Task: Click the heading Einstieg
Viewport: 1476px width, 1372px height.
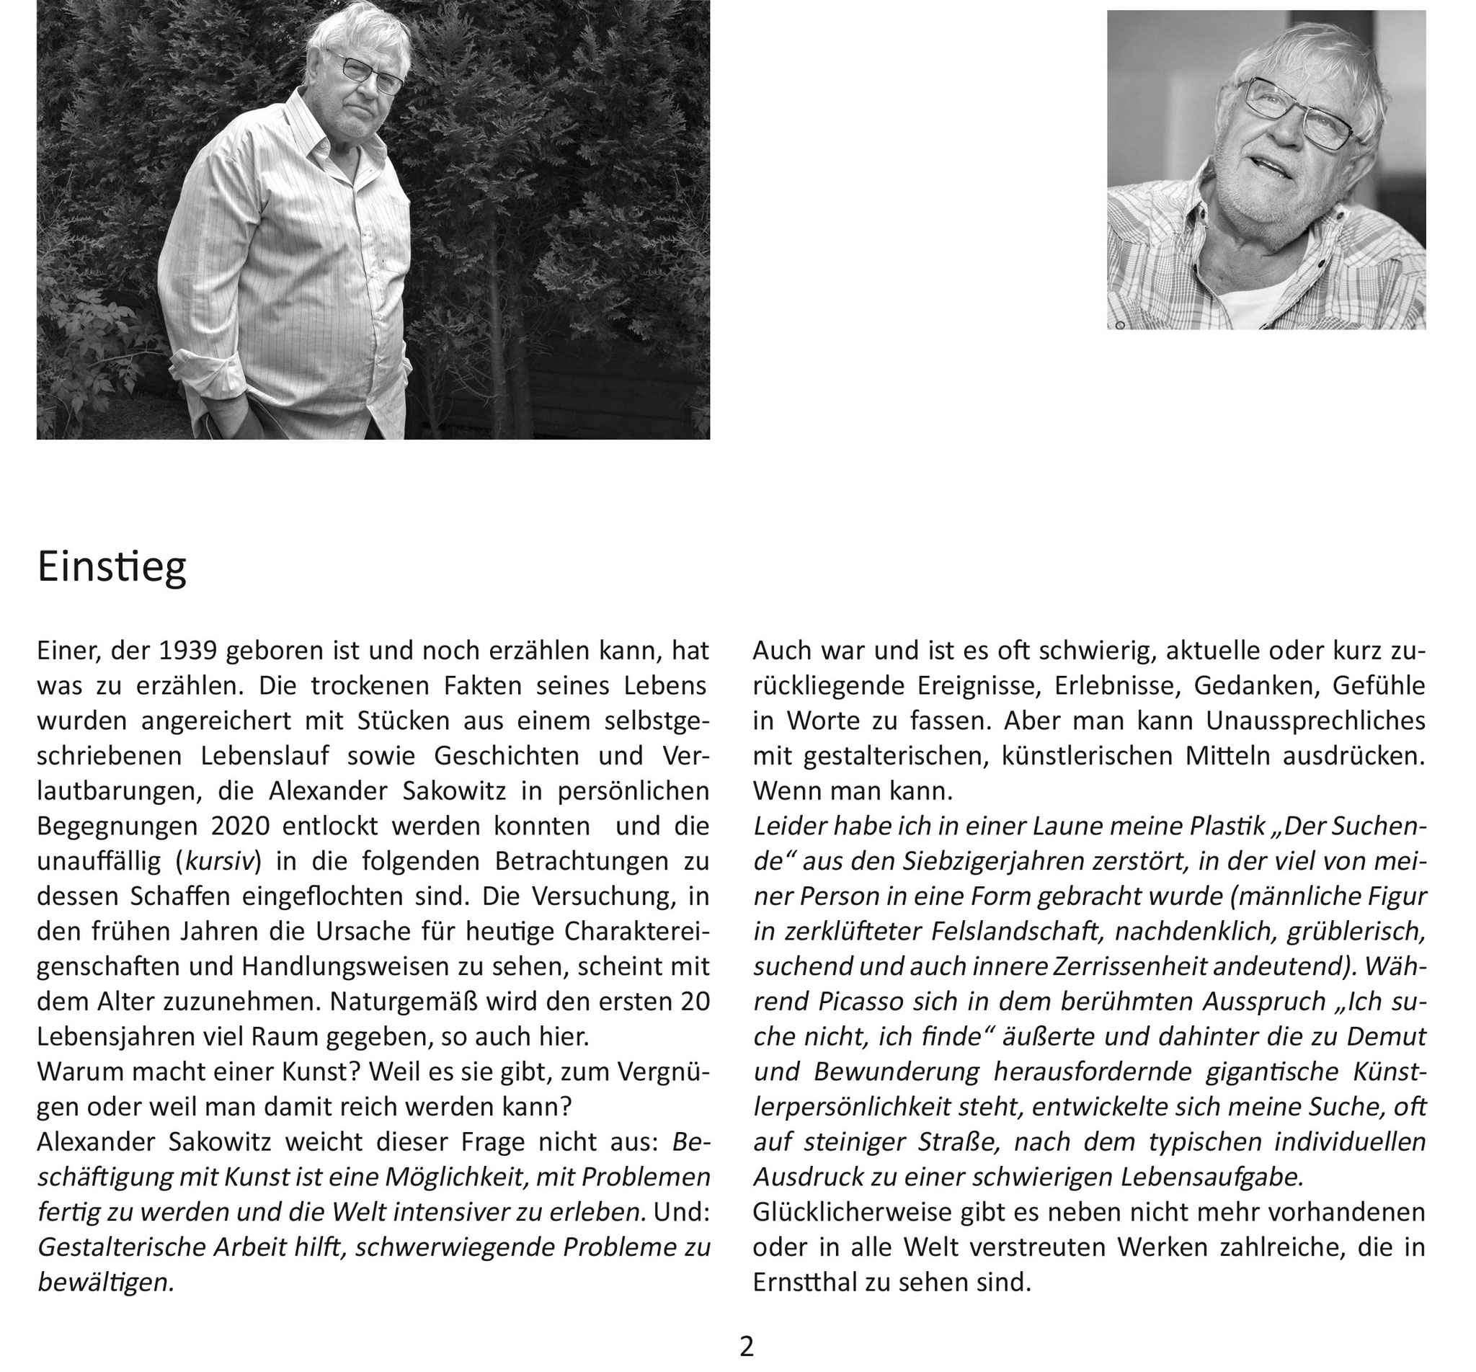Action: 112,567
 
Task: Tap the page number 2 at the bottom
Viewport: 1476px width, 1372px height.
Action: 746,1346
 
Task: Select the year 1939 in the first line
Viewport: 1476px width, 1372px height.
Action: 188,651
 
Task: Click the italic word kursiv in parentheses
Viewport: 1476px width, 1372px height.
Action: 220,861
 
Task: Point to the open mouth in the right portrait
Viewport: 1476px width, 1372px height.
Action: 1271,167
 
